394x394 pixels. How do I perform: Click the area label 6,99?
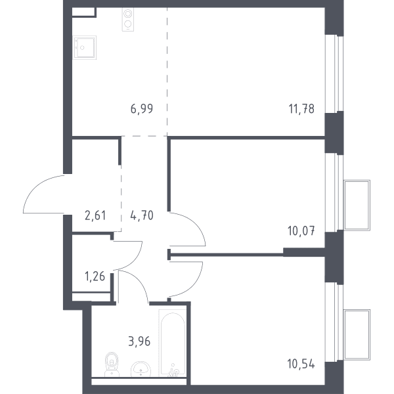pyautogui.click(x=142, y=109)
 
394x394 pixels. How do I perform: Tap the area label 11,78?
pyautogui.click(x=301, y=109)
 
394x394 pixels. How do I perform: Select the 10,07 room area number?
pyautogui.click(x=301, y=231)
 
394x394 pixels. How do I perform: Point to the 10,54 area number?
pyautogui.click(x=301, y=364)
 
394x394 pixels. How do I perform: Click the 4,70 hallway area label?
pyautogui.click(x=142, y=215)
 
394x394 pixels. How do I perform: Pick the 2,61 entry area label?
pyautogui.click(x=95, y=215)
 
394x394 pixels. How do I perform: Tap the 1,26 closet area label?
pyautogui.click(x=95, y=276)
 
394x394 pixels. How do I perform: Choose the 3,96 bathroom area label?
pyautogui.click(x=139, y=341)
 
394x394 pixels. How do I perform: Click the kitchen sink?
pyautogui.click(x=85, y=47)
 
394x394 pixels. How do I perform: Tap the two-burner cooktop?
pyautogui.click(x=128, y=19)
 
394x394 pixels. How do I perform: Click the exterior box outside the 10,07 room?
pyautogui.click(x=357, y=206)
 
